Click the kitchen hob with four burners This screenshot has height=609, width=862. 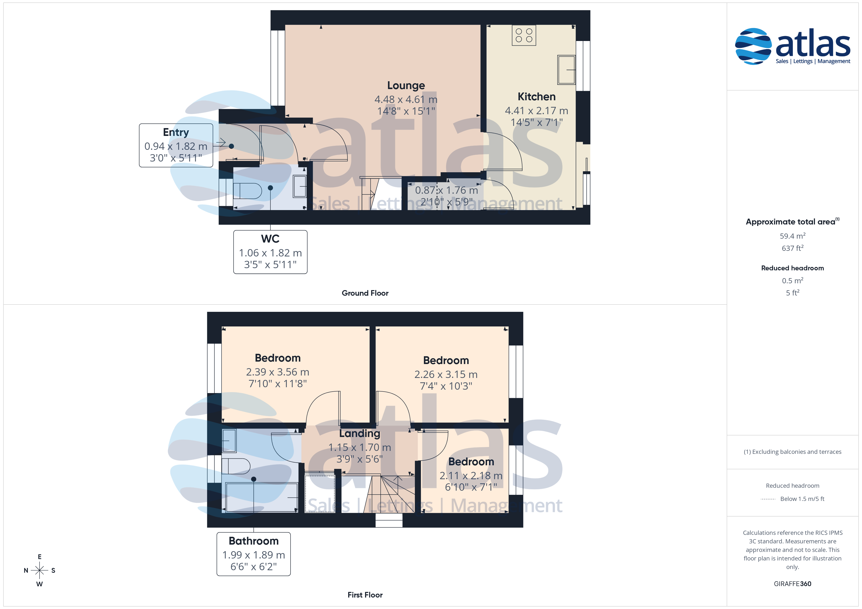pyautogui.click(x=524, y=35)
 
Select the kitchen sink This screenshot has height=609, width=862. pyautogui.click(x=566, y=70)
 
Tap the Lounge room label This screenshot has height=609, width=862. pyautogui.click(x=406, y=85)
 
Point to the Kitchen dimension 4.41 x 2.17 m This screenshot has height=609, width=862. pyautogui.click(x=537, y=111)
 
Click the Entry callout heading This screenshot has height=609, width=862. pyautogui.click(x=176, y=132)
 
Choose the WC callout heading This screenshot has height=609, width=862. pyautogui.click(x=270, y=239)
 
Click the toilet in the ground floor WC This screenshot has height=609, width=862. pyautogui.click(x=247, y=191)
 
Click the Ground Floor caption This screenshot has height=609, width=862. pyautogui.click(x=365, y=293)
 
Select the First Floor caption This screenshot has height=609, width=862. pyautogui.click(x=365, y=595)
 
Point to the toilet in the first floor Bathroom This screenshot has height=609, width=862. pyautogui.click(x=236, y=466)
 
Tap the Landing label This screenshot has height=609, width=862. pyautogui.click(x=360, y=434)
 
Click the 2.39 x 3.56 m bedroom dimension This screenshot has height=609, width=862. pyautogui.click(x=278, y=372)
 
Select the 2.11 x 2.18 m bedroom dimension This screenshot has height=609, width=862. pyautogui.click(x=471, y=476)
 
